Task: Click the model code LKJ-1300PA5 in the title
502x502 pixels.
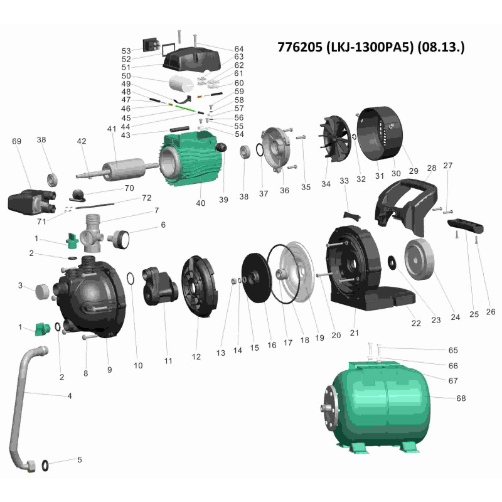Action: (x=368, y=48)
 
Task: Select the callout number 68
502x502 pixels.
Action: (x=461, y=398)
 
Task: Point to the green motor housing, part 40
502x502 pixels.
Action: (x=190, y=159)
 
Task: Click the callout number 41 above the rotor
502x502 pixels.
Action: (x=112, y=129)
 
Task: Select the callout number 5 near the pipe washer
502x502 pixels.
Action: (x=80, y=459)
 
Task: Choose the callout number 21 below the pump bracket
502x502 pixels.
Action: (x=354, y=333)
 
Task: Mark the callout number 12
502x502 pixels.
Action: (x=196, y=356)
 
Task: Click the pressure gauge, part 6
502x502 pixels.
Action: (x=119, y=239)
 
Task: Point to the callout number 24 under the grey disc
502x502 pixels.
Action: (x=455, y=317)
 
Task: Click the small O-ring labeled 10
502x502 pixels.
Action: (x=131, y=279)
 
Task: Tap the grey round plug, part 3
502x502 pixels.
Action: (x=42, y=291)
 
